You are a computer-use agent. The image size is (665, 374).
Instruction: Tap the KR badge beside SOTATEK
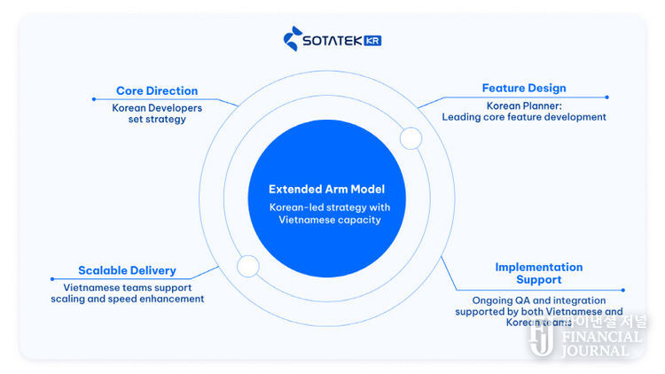(x=372, y=41)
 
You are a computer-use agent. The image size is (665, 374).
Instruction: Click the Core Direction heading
(x=157, y=91)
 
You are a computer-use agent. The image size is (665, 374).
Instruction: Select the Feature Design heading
(x=524, y=89)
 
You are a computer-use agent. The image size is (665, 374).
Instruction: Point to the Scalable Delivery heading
(x=127, y=270)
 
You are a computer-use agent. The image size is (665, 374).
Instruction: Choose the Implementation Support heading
(x=538, y=273)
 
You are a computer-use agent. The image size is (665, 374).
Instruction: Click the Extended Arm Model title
(x=326, y=190)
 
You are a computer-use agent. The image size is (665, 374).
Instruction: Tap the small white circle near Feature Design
(x=411, y=138)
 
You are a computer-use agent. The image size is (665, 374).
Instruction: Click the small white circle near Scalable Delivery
(x=247, y=265)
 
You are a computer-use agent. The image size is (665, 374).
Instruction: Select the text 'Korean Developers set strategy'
(x=157, y=113)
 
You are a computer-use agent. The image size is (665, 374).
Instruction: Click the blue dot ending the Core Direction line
(x=92, y=97)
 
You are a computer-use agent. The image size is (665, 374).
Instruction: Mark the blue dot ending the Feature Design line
(x=606, y=97)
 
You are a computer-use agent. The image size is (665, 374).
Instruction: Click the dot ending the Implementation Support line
(x=624, y=290)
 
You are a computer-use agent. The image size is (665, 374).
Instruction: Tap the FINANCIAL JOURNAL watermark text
(x=599, y=343)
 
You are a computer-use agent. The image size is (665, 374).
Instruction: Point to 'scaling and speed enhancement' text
(x=128, y=300)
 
